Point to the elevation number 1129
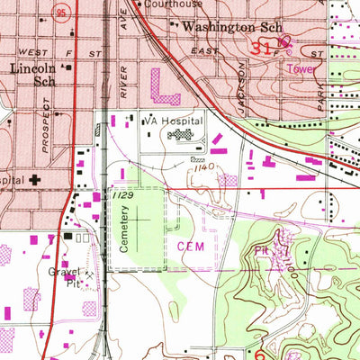click(x=123, y=193)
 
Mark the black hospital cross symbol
click(x=35, y=180)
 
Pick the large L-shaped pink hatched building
click(x=167, y=88)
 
